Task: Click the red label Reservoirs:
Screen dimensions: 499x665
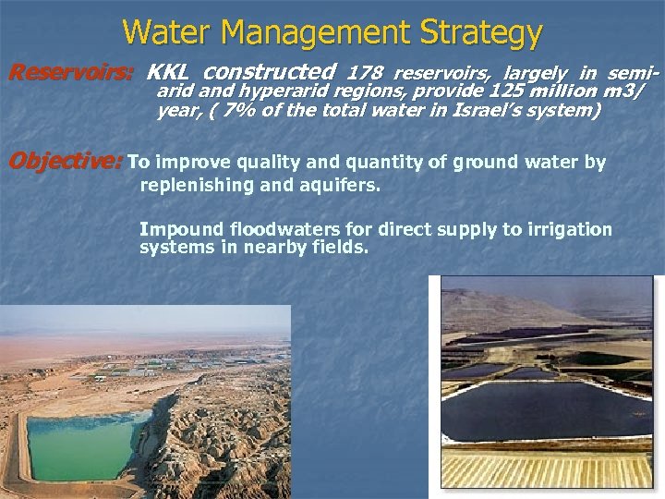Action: tap(71, 71)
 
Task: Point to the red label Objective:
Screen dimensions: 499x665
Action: tap(64, 163)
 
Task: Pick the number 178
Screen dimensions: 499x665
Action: tap(365, 71)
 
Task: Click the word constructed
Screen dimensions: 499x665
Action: tap(269, 71)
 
